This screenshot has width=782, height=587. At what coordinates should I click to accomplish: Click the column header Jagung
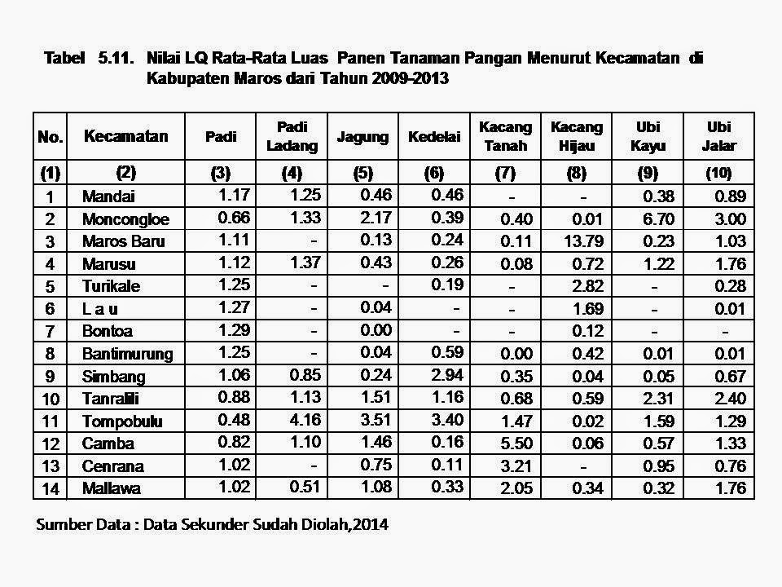point(362,137)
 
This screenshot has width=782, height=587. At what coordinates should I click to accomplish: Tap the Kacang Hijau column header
point(577,136)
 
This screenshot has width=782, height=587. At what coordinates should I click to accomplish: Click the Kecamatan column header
point(125,136)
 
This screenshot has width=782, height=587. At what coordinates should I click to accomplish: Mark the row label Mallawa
point(111,489)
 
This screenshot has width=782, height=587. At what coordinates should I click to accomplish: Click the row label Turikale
point(112,287)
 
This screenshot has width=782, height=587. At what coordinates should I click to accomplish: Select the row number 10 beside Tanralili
point(51,399)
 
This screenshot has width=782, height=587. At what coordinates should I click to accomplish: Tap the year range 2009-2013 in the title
point(404,79)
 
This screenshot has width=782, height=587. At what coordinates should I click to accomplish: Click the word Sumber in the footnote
point(62,525)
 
